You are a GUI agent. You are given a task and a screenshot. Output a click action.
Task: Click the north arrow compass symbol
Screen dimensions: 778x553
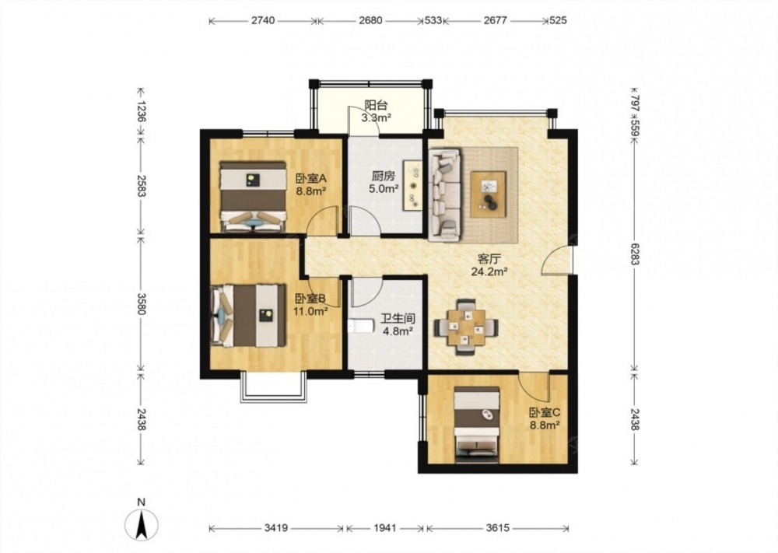click(142, 524)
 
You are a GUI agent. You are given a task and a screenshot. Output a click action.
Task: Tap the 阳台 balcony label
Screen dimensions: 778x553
click(376, 105)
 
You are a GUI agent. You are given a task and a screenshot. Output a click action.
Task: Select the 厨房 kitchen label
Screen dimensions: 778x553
click(384, 176)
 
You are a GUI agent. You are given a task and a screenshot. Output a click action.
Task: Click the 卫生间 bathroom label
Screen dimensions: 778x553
click(398, 318)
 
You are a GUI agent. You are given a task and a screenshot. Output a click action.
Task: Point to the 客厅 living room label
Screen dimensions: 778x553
click(489, 258)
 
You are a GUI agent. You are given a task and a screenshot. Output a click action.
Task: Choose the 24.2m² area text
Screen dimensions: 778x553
click(489, 271)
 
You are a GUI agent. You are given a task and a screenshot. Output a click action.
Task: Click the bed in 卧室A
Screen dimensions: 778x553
click(254, 197)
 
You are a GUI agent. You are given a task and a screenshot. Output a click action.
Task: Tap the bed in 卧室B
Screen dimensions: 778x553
click(248, 315)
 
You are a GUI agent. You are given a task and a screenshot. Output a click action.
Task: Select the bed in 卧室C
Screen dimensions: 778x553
click(477, 425)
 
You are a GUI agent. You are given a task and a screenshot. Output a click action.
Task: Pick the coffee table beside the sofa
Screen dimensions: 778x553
click(489, 194)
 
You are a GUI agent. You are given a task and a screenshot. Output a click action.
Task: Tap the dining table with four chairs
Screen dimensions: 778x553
click(466, 327)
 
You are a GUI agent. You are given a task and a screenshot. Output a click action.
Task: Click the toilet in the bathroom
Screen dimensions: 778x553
click(359, 326)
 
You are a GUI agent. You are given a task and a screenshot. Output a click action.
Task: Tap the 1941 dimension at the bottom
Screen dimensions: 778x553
click(384, 528)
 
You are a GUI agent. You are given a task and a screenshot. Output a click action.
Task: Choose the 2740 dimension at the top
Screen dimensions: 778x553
click(263, 20)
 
